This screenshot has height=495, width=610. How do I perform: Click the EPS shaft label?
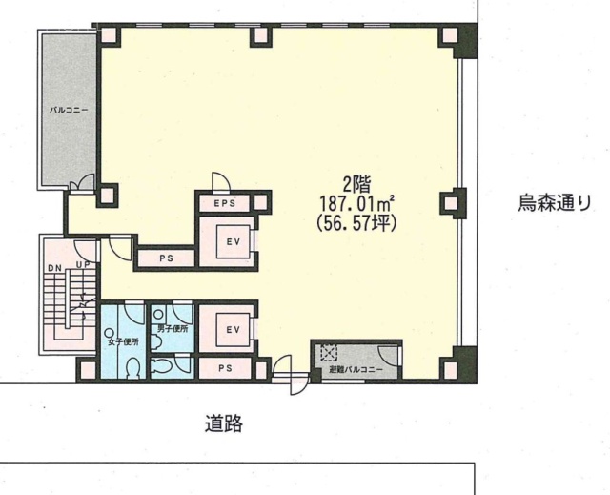coord(225,203)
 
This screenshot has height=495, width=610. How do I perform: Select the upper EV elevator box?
coord(234,241)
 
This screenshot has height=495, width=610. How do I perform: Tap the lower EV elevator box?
coord(234,330)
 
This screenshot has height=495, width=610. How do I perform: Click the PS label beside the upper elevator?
coord(166,258)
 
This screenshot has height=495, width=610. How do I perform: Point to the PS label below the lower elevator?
coord(225,368)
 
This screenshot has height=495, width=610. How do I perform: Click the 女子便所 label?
coord(123,342)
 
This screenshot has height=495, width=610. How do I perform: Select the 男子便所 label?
coord(173,329)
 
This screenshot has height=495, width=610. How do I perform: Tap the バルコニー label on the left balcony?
coord(69,110)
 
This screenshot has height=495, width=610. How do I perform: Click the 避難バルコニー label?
coord(356,370)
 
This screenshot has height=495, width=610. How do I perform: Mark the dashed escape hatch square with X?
coord(330,353)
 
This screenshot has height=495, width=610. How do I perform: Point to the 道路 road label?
coord(224,423)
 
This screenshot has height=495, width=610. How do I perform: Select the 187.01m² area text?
coord(357,203)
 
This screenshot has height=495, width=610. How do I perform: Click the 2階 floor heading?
coord(356,185)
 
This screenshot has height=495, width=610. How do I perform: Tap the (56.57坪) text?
coord(356,223)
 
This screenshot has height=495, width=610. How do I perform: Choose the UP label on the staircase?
coord(83,265)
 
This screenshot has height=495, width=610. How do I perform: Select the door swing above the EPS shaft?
coord(220,182)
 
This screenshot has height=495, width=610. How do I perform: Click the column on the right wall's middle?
coord(453,203)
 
